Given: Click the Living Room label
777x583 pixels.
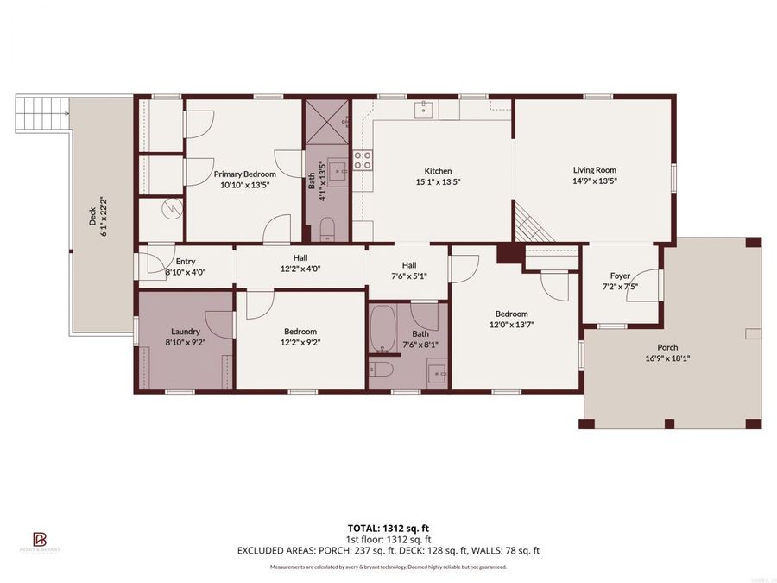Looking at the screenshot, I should click(594, 170).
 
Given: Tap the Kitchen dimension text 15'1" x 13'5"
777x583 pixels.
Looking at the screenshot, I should click(438, 182).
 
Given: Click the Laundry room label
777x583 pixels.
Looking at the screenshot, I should click(186, 331).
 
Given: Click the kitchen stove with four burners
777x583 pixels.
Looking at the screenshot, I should click(363, 160).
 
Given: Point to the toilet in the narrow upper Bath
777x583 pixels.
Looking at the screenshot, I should click(327, 229).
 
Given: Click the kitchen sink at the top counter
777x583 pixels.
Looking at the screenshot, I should click(424, 108).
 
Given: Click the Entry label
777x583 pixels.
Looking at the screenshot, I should click(186, 261).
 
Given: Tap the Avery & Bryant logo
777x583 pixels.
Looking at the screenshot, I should click(39, 542).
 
